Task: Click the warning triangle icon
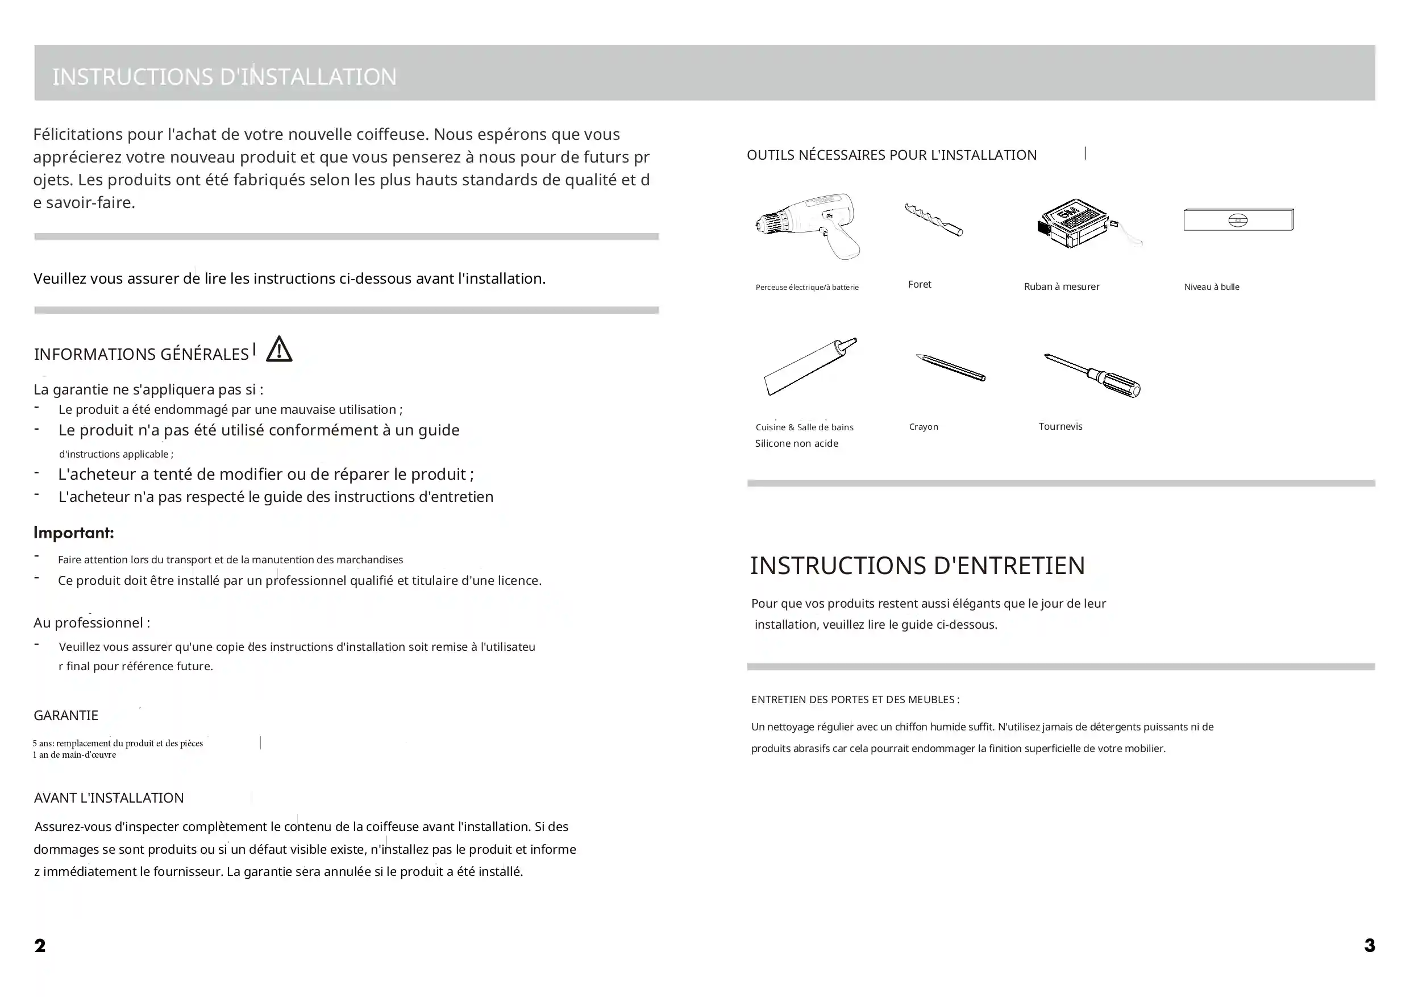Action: (x=280, y=350)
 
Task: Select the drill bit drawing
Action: (x=933, y=220)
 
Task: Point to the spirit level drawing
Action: (x=1238, y=220)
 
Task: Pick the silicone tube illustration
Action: (x=809, y=367)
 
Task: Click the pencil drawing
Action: (x=951, y=367)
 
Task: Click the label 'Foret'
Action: (x=920, y=284)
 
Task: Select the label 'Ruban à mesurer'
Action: (x=1061, y=287)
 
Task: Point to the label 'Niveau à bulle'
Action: (x=1211, y=287)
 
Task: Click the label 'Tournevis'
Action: (x=1060, y=426)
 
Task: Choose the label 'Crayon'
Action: (x=923, y=427)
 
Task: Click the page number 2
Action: (x=40, y=945)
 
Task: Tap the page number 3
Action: (x=1369, y=945)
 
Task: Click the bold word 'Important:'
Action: (x=74, y=533)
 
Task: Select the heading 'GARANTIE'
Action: (x=66, y=716)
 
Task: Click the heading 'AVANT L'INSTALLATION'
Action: (x=109, y=798)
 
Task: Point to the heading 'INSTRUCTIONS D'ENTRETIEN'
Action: (x=917, y=566)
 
